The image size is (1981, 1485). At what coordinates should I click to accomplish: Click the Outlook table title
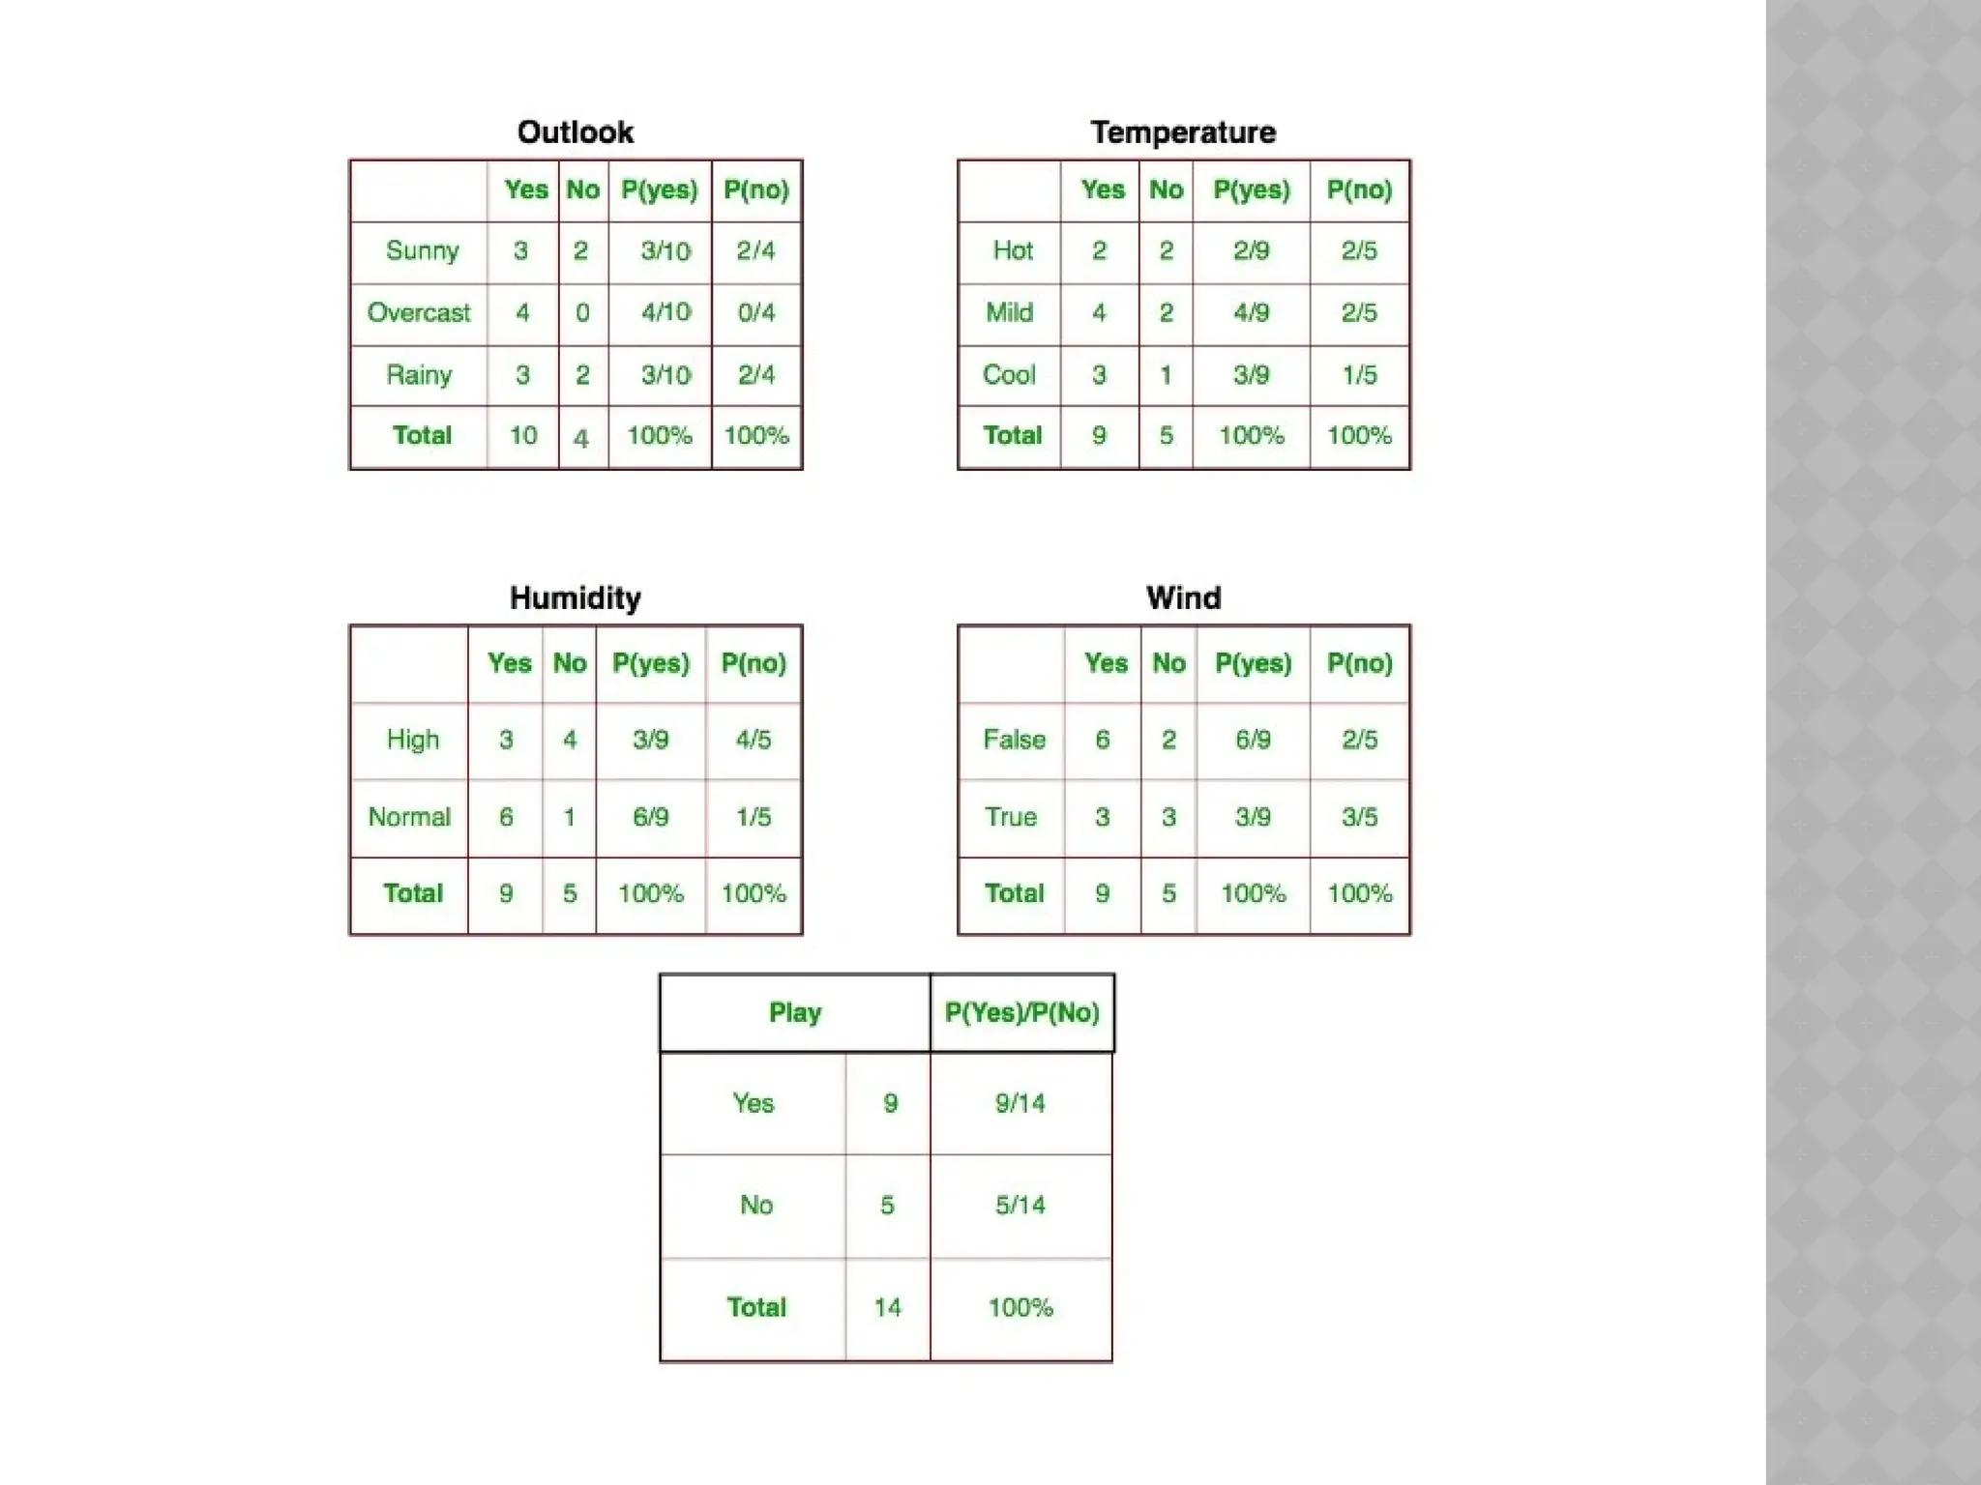click(x=576, y=132)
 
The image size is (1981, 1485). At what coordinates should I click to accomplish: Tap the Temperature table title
click(x=1183, y=132)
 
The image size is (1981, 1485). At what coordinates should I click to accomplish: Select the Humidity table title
click(x=576, y=597)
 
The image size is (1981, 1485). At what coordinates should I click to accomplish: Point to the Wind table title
click(x=1183, y=597)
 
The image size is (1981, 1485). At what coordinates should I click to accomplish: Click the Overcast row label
click(x=419, y=313)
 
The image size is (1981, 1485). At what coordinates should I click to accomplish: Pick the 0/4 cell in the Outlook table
click(x=756, y=313)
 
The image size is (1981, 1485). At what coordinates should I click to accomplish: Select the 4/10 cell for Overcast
click(x=665, y=313)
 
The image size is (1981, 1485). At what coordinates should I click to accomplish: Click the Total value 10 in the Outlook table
click(x=523, y=436)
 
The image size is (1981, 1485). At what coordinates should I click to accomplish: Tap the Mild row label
click(x=1010, y=313)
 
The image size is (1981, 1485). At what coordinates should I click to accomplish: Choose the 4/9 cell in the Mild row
click(x=1251, y=313)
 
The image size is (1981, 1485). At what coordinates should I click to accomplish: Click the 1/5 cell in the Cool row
click(x=1359, y=375)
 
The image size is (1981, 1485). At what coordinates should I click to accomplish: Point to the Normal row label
click(x=409, y=817)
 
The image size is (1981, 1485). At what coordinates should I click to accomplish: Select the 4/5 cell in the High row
click(x=754, y=741)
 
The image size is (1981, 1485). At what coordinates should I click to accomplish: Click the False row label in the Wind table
click(x=1014, y=741)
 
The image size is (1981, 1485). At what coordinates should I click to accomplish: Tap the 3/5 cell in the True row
click(x=1359, y=817)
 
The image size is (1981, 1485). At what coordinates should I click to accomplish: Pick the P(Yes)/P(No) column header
click(x=1021, y=1013)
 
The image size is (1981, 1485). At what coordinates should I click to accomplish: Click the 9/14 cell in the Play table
click(x=1020, y=1104)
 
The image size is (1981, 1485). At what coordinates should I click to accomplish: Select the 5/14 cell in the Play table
click(x=1020, y=1206)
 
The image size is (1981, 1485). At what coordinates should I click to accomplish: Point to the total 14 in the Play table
click(x=888, y=1308)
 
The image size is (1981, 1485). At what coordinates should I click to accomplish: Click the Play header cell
click(x=795, y=1013)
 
